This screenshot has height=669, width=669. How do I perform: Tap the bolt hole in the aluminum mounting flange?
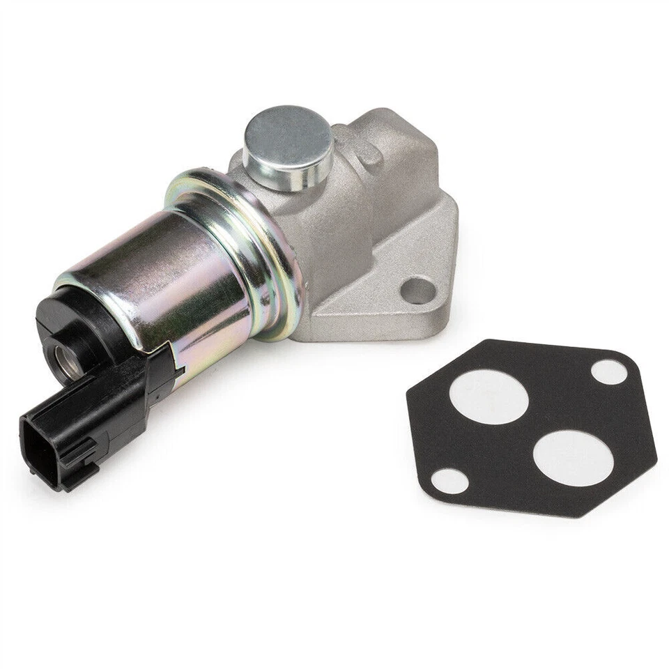417,290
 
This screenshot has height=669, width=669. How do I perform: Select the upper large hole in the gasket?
489,396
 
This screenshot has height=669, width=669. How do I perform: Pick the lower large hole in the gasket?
573,458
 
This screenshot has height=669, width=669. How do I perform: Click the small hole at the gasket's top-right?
609,371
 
